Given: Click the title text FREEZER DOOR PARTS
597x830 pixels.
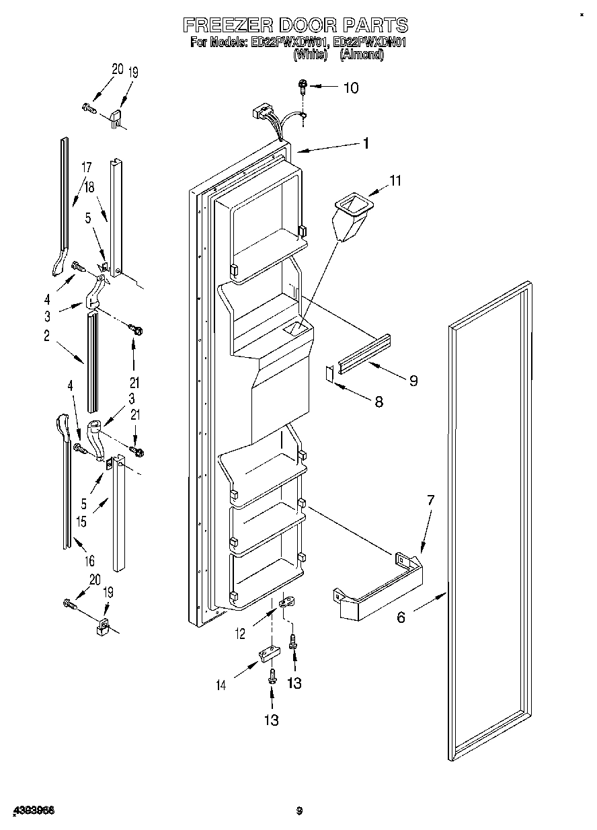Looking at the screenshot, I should pyautogui.click(x=296, y=26).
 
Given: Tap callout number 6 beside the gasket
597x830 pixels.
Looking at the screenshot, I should pyautogui.click(x=401, y=616).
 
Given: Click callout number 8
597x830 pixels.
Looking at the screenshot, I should pyautogui.click(x=379, y=402).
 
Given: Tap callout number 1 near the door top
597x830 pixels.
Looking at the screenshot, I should pyautogui.click(x=366, y=143).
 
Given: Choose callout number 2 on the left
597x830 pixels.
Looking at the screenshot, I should pyautogui.click(x=46, y=337).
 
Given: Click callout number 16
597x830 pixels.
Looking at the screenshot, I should pyautogui.click(x=89, y=560).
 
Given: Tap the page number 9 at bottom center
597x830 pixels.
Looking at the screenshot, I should pyautogui.click(x=301, y=810).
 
